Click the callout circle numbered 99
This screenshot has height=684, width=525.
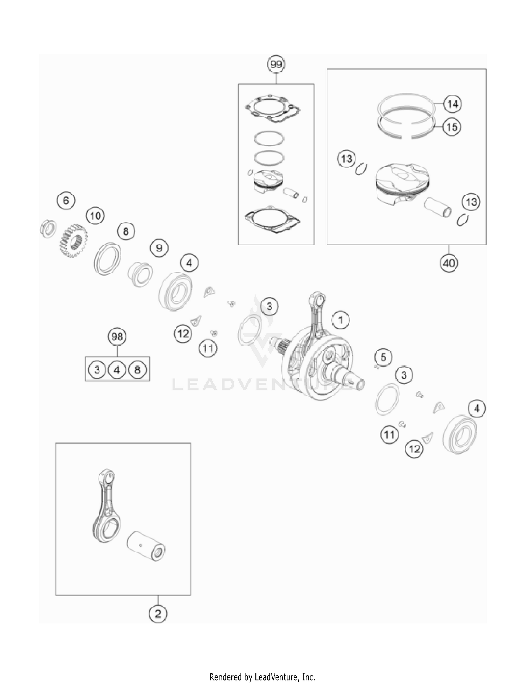[276, 64]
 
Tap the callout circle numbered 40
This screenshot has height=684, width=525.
[449, 263]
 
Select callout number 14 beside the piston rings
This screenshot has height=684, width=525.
[452, 104]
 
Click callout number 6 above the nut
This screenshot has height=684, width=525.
[66, 201]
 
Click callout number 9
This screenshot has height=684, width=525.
[159, 248]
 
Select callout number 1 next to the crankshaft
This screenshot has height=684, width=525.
[340, 320]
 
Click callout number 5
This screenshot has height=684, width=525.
[383, 357]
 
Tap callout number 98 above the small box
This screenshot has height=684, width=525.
[117, 337]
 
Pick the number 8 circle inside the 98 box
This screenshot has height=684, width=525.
[137, 370]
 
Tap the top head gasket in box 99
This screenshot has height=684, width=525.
[273, 109]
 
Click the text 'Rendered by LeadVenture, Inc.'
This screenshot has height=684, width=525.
[262, 677]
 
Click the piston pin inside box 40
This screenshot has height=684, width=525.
[437, 208]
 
